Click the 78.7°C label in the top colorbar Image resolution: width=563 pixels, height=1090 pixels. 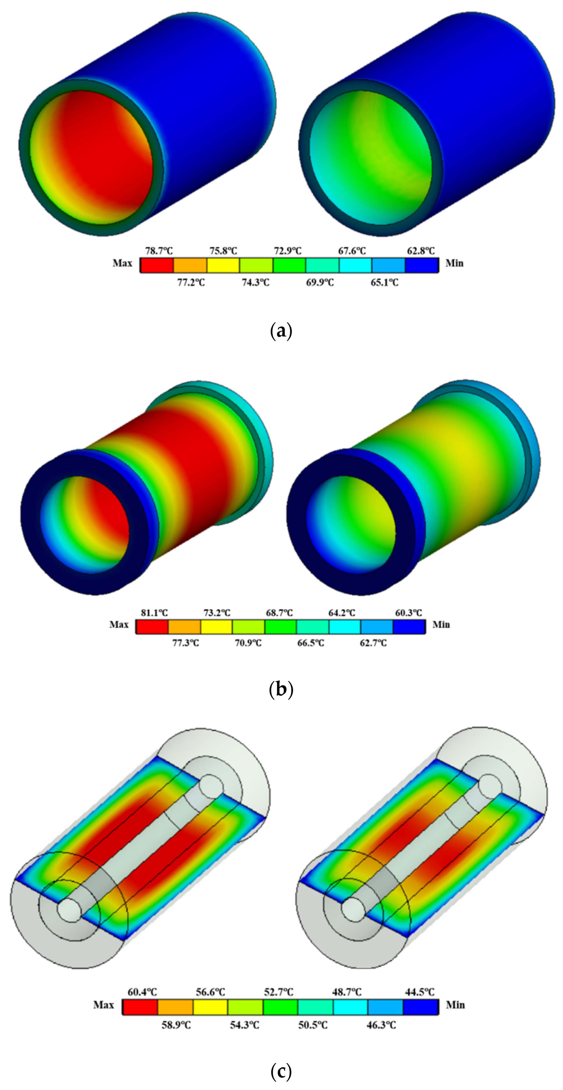point(159,251)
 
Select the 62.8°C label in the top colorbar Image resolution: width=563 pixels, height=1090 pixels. point(421,251)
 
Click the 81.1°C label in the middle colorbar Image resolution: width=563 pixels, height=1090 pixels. point(154,613)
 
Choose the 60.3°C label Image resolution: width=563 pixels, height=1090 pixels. point(409,613)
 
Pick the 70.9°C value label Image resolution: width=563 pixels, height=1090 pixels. point(248,643)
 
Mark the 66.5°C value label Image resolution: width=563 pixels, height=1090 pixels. point(311,643)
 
